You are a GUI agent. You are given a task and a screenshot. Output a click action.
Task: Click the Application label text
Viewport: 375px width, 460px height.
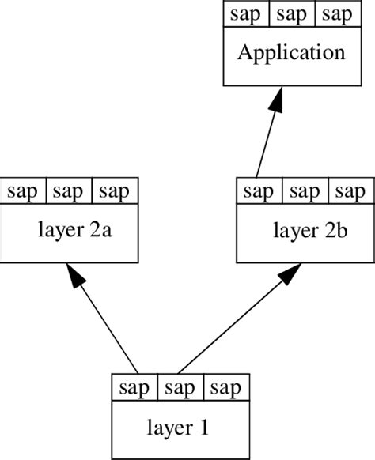pos(292,54)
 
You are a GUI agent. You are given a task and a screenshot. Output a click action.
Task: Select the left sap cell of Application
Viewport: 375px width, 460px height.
pos(246,15)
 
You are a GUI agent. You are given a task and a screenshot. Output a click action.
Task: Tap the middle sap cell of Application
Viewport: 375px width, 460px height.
pos(292,15)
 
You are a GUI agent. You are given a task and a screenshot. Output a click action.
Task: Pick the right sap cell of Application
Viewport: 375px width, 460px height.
pos(338,15)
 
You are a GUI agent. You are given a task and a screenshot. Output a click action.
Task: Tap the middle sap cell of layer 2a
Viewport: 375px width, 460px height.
pos(70,191)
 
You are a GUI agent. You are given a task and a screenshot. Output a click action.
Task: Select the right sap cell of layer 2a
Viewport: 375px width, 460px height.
pos(116,191)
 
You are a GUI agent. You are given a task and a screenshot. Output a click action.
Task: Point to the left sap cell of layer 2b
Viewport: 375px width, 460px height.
pos(259,191)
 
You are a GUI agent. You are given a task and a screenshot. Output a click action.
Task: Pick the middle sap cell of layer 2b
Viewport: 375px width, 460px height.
pos(305,191)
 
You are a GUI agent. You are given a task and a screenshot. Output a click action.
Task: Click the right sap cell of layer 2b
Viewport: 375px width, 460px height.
pos(351,191)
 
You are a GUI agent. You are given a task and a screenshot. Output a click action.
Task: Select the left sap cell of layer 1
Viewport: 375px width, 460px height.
pos(135,389)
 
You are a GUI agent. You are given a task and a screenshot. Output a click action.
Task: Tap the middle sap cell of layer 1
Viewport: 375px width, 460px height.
pos(181,389)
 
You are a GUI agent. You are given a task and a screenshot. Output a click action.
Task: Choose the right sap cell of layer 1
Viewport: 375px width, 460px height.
pos(227,389)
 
